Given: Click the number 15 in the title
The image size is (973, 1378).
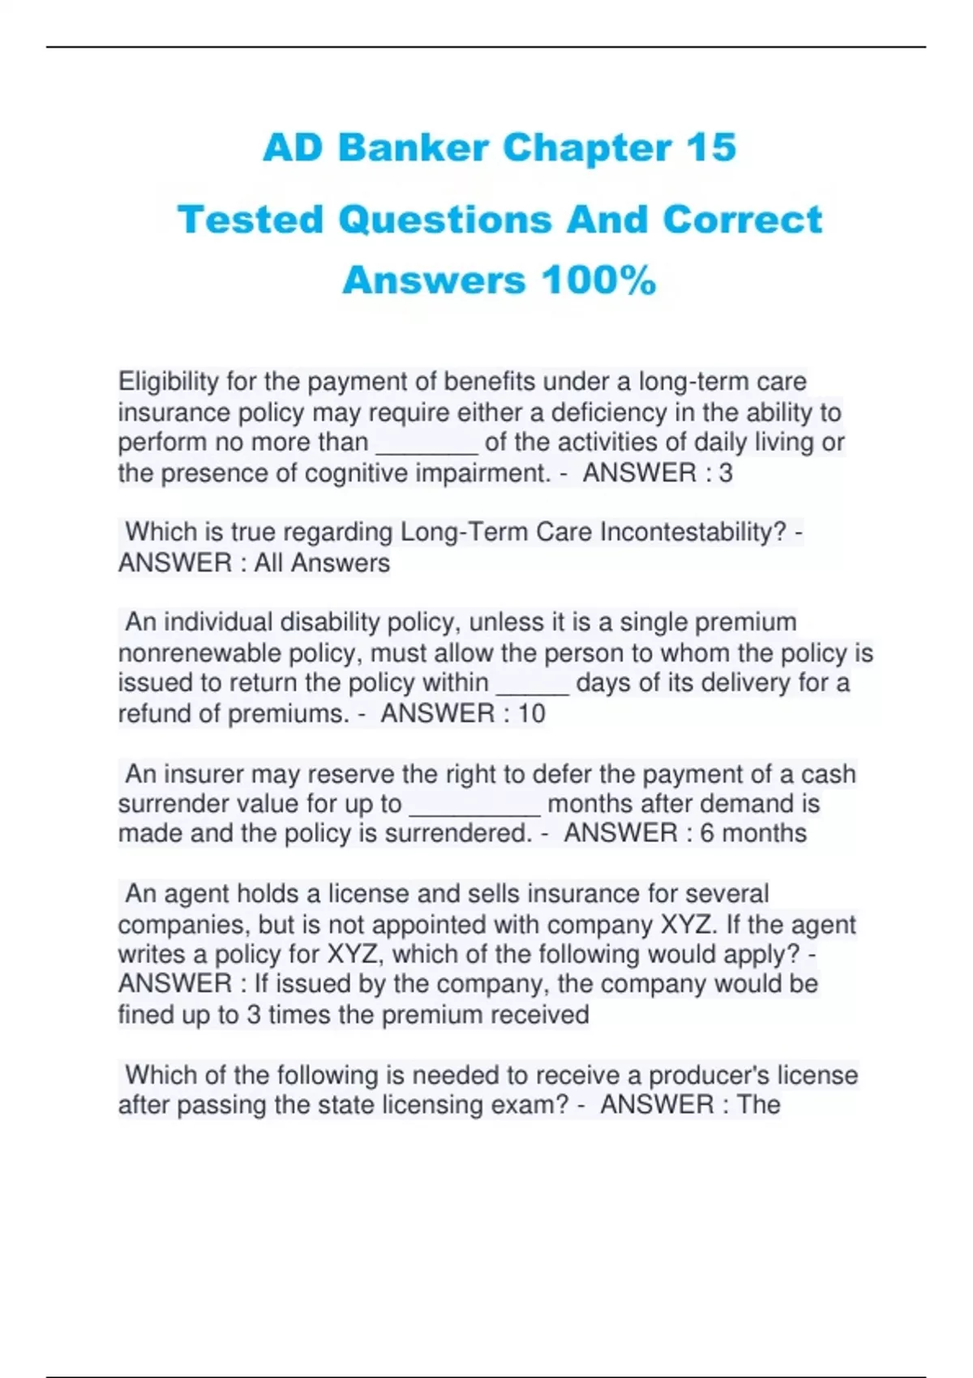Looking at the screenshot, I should pyautogui.click(x=710, y=148).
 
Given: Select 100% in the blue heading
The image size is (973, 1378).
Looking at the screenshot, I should pyautogui.click(x=598, y=281).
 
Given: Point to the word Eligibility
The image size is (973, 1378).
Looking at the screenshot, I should pyautogui.click(x=169, y=381).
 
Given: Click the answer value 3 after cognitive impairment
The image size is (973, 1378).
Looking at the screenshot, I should pyautogui.click(x=725, y=473).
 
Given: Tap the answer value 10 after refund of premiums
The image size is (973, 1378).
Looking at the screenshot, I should pyautogui.click(x=531, y=713).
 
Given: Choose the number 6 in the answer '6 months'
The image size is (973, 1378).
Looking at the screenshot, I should pyautogui.click(x=707, y=833).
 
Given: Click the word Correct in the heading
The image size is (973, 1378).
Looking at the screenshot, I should pyautogui.click(x=742, y=220).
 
